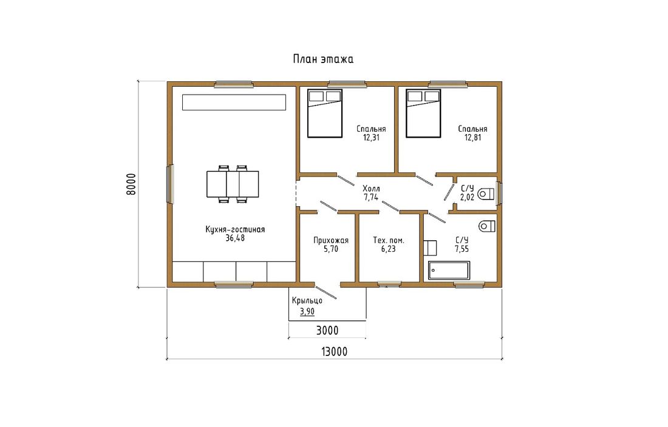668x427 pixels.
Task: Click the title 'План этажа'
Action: [323, 59]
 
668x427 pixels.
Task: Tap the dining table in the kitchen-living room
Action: [233, 184]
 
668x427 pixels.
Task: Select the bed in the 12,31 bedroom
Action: [325, 113]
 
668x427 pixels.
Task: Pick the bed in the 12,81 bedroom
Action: [423, 113]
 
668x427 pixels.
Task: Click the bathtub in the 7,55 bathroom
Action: [449, 271]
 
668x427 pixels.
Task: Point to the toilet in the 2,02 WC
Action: [486, 194]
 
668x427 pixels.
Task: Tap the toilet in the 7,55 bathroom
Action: [487, 226]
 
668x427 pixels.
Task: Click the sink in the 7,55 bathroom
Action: [430, 248]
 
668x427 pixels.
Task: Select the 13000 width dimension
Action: [334, 352]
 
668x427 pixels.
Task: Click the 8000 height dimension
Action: [131, 184]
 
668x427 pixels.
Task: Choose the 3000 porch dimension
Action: [327, 331]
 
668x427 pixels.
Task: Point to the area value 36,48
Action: [235, 238]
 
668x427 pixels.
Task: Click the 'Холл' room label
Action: [371, 189]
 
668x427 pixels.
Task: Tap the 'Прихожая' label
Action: [331, 240]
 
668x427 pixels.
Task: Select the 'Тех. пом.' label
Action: [389, 240]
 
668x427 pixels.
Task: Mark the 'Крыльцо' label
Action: [307, 301]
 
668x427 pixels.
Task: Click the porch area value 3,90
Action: [307, 312]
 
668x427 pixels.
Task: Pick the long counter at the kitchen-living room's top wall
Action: [234, 103]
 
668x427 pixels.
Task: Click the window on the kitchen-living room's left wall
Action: [171, 184]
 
